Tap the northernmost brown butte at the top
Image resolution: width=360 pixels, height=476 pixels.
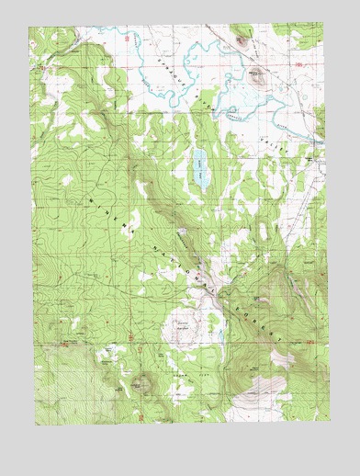click(242, 39)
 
